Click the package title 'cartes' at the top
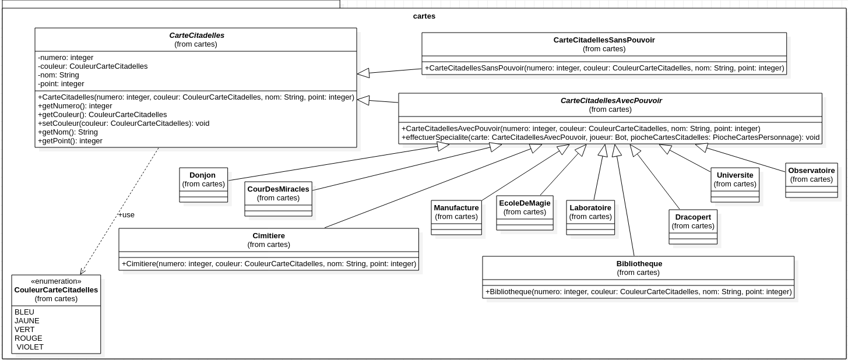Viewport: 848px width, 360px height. click(x=424, y=16)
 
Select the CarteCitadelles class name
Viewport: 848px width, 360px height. click(x=196, y=36)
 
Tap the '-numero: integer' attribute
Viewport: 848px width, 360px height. click(x=66, y=58)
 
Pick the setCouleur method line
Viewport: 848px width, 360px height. click(x=124, y=123)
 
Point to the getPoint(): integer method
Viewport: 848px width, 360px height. click(x=70, y=141)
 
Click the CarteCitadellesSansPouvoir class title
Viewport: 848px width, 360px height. click(x=604, y=40)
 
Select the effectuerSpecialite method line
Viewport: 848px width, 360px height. click(x=610, y=138)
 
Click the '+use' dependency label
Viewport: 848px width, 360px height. click(x=126, y=215)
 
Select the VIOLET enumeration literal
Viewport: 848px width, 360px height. click(x=30, y=347)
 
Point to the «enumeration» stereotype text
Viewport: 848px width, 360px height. click(x=56, y=281)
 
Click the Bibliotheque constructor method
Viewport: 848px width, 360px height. click(x=638, y=292)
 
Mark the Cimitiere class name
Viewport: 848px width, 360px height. click(x=269, y=236)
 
